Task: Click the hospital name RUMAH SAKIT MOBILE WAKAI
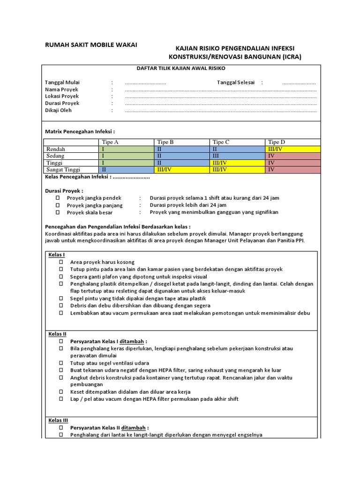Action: point(91,45)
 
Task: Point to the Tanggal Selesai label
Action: point(235,82)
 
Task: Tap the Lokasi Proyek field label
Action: point(62,96)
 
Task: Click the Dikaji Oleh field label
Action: point(58,111)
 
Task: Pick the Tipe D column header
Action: point(277,142)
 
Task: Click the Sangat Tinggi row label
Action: point(63,170)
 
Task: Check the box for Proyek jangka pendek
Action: point(58,198)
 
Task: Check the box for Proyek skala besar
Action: point(58,212)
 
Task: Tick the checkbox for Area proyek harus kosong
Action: point(61,262)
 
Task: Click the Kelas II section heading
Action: point(57,334)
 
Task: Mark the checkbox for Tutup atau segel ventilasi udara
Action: point(61,363)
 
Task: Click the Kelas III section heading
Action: point(58,420)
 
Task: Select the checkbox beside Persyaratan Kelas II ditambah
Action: point(61,428)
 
